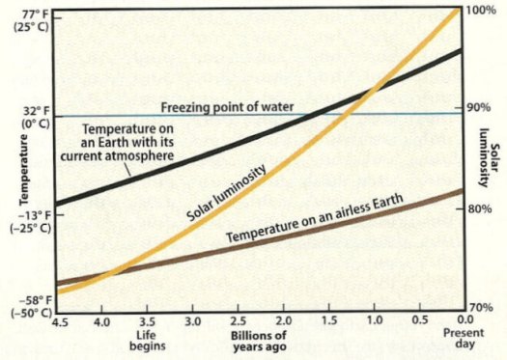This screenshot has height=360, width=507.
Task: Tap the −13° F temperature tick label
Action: [22, 213]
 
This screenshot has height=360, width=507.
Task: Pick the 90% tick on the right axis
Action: [479, 107]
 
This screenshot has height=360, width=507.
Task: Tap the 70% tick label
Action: [479, 307]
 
